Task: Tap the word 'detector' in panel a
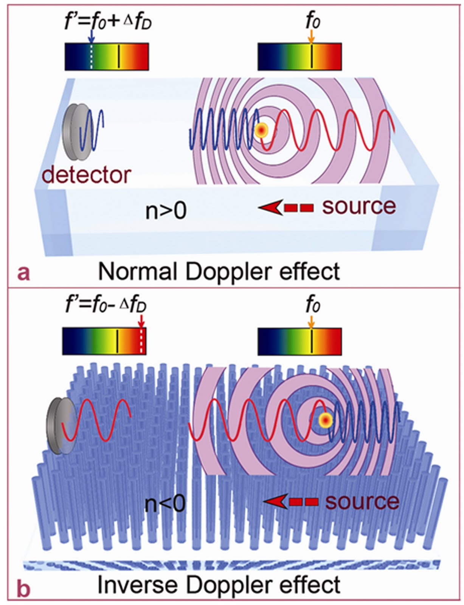[86, 175]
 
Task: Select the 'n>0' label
[166, 211]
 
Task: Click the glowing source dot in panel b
[325, 420]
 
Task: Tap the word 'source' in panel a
[358, 206]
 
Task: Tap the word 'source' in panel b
[362, 501]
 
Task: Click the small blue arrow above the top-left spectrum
[91, 37]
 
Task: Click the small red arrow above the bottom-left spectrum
[141, 322]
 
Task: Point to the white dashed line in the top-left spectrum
[91, 57]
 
